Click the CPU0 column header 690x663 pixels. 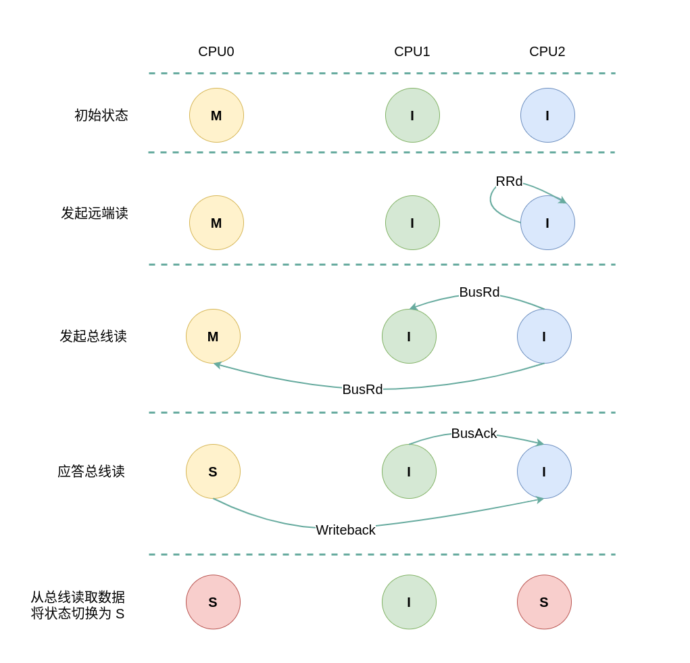pos(216,52)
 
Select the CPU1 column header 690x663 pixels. pos(412,52)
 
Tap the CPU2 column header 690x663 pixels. pos(547,52)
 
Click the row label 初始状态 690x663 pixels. pos(101,116)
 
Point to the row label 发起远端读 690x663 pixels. pos(95,214)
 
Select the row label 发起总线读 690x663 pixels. pos(93,337)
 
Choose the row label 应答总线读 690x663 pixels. pos(91,472)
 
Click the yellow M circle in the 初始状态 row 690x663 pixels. pos(216,116)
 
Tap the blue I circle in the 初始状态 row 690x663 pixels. pos(547,116)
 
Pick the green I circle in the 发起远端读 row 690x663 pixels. pos(412,223)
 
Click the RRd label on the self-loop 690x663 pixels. pos(509,182)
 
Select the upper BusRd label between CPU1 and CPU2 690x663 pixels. pos(479,293)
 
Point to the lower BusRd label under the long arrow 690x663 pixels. pos(362,390)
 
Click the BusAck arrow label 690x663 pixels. pos(474,434)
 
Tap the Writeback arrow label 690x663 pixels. pos(345,531)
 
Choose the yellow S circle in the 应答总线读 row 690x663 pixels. pos(213,472)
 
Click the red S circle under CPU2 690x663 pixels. pos(544,602)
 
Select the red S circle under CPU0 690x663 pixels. pos(213,602)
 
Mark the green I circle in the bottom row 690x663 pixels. pos(409,602)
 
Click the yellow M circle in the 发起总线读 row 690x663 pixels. pos(213,337)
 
